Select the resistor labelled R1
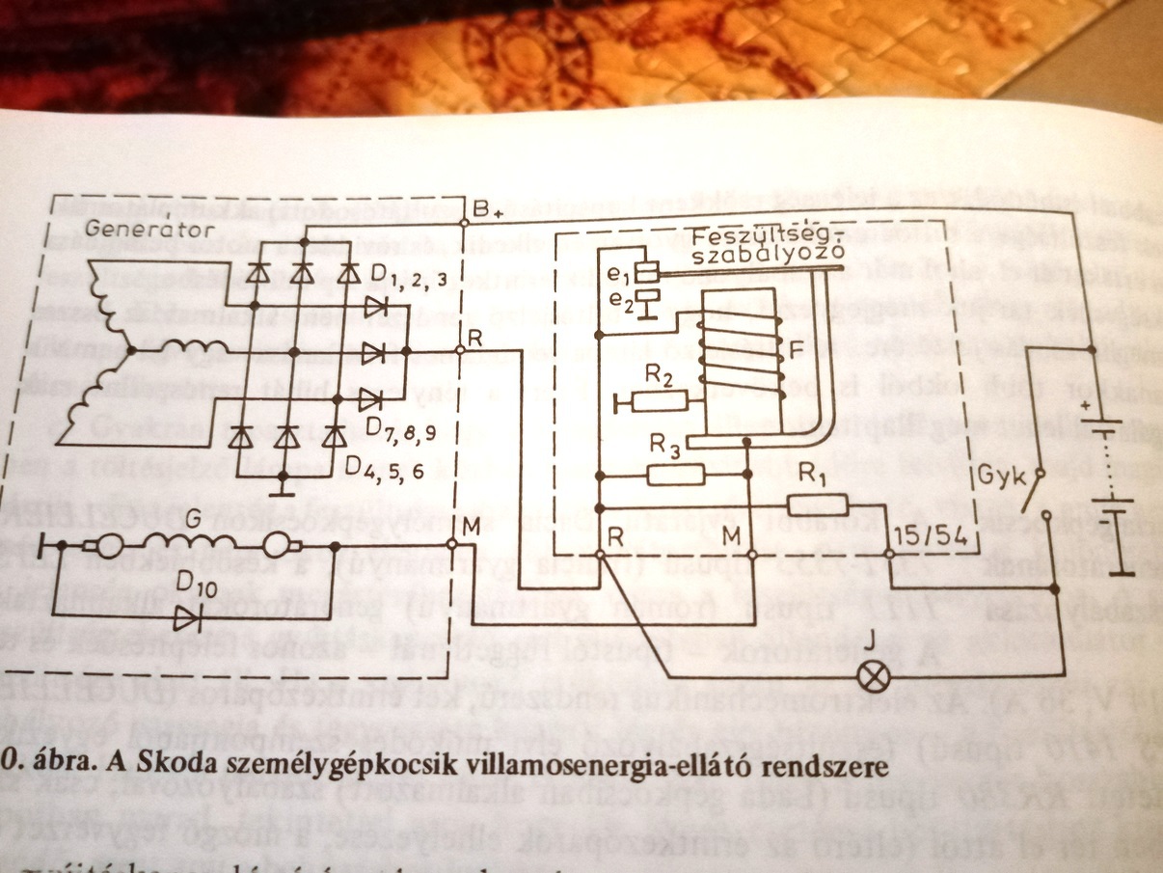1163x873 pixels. click(817, 505)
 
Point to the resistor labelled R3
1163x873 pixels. click(675, 473)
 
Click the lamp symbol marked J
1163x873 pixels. click(874, 676)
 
